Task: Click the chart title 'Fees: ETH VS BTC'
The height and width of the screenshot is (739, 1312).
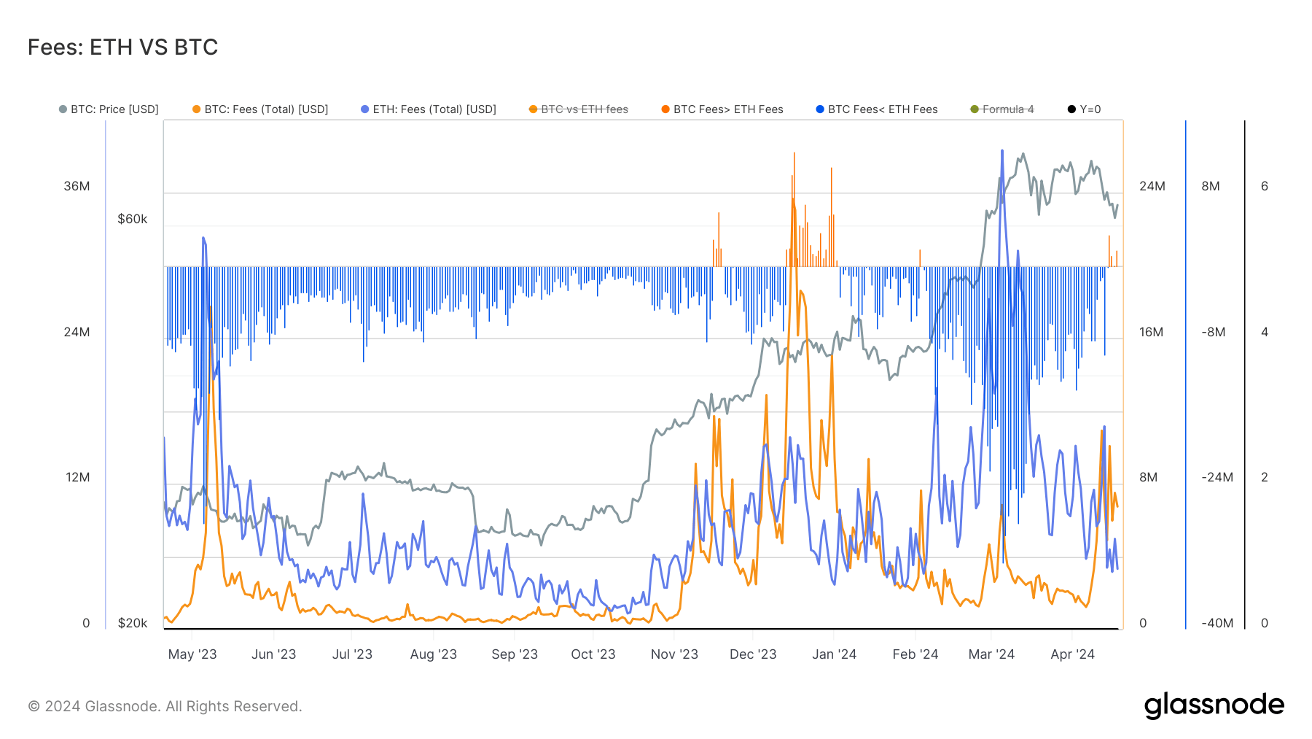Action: [x=122, y=47]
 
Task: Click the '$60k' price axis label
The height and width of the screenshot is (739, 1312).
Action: [x=132, y=219]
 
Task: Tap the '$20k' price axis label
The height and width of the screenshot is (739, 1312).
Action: [x=132, y=623]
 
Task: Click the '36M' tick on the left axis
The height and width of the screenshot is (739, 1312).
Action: [x=77, y=186]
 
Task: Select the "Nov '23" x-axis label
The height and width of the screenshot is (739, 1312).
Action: [x=674, y=654]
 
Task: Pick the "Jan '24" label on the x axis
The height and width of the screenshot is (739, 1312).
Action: [x=834, y=654]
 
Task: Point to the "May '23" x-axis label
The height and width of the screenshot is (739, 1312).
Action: [x=192, y=654]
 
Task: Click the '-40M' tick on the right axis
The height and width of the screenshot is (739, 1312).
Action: [x=1217, y=623]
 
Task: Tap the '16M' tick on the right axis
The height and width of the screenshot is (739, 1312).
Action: [x=1151, y=332]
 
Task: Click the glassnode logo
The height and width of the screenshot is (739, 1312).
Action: [x=1214, y=705]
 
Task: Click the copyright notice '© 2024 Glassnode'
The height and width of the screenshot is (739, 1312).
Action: [x=165, y=706]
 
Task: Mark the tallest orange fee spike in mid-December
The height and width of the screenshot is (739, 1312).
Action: [x=794, y=154]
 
